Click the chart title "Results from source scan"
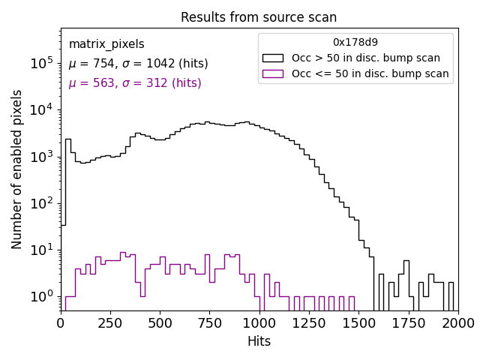point(259,17)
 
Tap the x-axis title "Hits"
point(259,341)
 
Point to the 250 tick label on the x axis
point(110,322)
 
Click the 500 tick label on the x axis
point(160,322)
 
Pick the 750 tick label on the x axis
point(209,322)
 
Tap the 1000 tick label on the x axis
point(259,322)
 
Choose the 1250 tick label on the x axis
point(309,322)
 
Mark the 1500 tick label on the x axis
point(358,322)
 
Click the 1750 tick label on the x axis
point(408,322)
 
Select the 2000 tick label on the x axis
point(457,322)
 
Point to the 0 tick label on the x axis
point(61,322)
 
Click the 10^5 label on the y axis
point(42,64)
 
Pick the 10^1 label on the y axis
point(42,250)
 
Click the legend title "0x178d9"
point(355,42)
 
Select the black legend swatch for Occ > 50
point(273,58)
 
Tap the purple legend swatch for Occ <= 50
point(273,73)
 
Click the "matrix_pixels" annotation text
point(106,44)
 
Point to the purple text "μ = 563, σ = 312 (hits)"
point(135,83)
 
